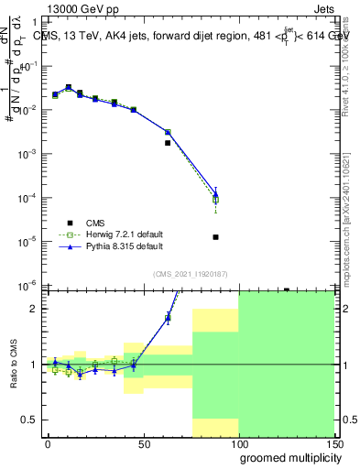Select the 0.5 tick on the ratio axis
(28, 420)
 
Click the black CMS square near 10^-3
(168, 143)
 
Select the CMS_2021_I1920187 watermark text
(190, 274)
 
